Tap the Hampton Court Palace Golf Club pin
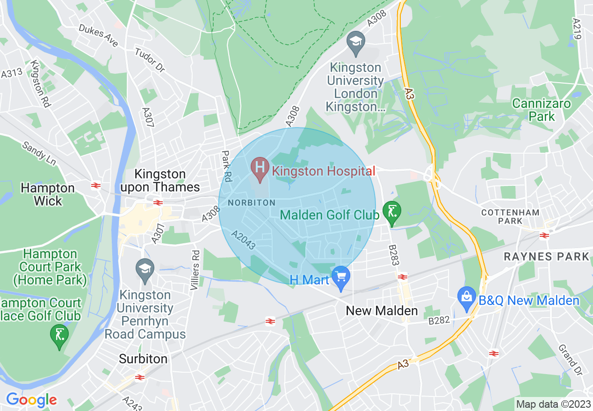point(59,335)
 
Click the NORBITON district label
point(252,203)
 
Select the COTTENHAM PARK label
point(510,216)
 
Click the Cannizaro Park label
point(542,110)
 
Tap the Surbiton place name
point(143,359)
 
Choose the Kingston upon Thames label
point(160,181)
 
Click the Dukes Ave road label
point(98,36)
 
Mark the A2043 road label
point(244,240)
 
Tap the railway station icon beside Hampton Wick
point(96,185)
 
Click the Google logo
point(31,400)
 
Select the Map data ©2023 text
point(553,404)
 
